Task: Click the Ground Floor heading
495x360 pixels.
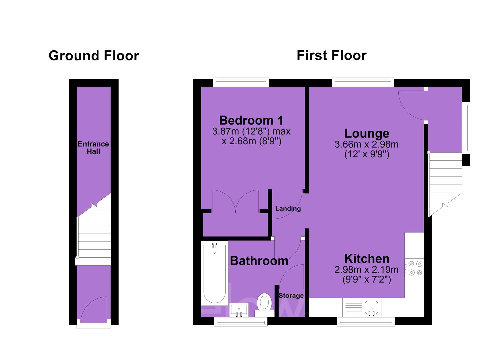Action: (94, 55)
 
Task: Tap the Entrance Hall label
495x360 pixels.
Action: (93, 148)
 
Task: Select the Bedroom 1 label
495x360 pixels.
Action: (251, 120)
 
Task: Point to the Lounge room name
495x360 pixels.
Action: (367, 133)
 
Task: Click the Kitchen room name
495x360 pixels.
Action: (367, 259)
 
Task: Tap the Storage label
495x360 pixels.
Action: (291, 296)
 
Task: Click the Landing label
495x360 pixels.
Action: (288, 209)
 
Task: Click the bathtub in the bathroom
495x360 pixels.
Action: (214, 273)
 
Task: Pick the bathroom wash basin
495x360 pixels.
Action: (239, 310)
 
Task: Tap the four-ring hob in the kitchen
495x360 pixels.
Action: (415, 268)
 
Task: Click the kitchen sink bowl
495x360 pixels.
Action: (372, 308)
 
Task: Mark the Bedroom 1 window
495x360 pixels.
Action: (241, 82)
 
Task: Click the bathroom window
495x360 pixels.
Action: (241, 322)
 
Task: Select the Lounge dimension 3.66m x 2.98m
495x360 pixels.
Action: (367, 145)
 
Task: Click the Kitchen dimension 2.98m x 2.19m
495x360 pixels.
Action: (367, 270)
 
